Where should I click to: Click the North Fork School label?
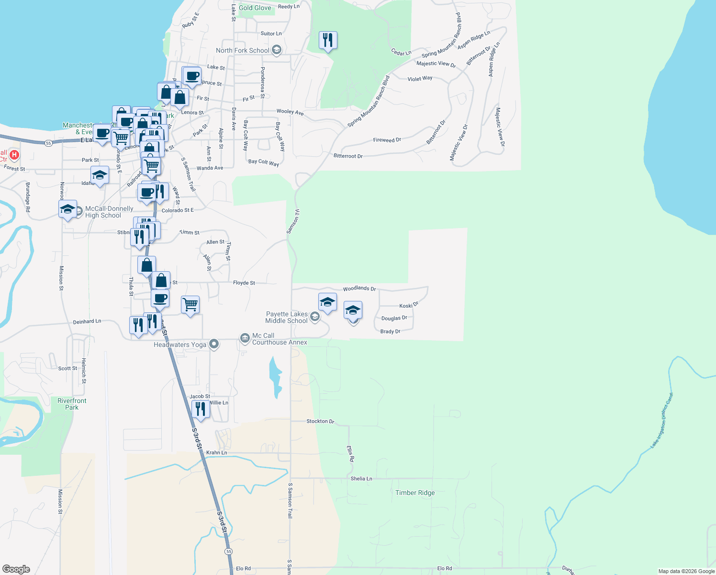[x=243, y=50]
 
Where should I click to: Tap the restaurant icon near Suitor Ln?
[x=328, y=40]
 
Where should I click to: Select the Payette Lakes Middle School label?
[x=287, y=317]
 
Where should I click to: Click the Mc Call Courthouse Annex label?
[x=280, y=339]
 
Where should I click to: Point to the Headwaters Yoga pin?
[x=214, y=344]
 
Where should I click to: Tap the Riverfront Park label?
[x=72, y=404]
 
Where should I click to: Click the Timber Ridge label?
[x=415, y=493]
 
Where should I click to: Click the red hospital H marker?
[x=14, y=155]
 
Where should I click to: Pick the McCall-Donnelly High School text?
[x=109, y=212]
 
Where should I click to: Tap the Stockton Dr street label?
[x=320, y=421]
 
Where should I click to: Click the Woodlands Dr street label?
[x=359, y=288]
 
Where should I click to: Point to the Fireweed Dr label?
[x=387, y=140]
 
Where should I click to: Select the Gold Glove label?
[x=255, y=8]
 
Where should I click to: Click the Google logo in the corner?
[x=16, y=569]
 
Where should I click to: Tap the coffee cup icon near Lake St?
[x=192, y=76]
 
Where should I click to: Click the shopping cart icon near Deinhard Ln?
[x=190, y=305]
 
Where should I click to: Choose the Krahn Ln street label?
[x=216, y=452]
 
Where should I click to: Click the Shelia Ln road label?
[x=361, y=479]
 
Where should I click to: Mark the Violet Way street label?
[x=420, y=79]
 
